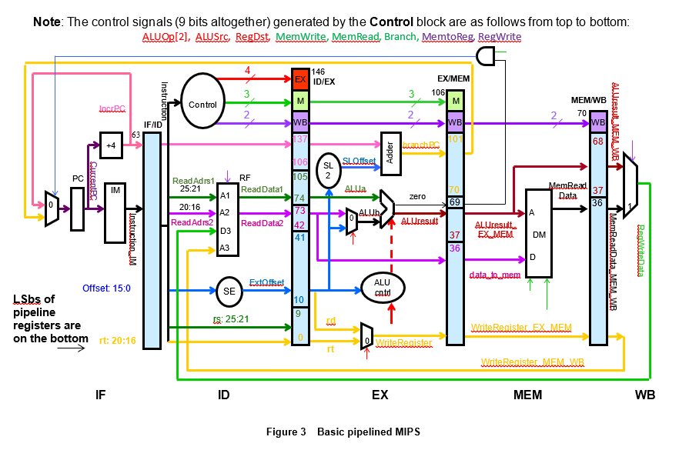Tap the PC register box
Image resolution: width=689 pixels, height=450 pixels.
click(x=78, y=208)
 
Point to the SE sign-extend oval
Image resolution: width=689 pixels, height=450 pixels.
click(x=229, y=292)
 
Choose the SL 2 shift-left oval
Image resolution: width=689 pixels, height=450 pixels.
click(x=330, y=170)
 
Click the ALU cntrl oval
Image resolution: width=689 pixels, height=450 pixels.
click(x=382, y=286)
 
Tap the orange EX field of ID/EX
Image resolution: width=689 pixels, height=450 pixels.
click(x=301, y=79)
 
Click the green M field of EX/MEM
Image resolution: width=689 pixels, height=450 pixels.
click(x=456, y=100)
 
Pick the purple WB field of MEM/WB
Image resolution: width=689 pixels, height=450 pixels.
click(x=597, y=123)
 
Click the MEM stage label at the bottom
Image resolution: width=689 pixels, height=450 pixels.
click(x=528, y=395)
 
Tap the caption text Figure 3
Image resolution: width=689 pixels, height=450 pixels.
click(x=286, y=432)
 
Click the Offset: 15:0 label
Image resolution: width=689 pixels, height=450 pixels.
click(x=108, y=288)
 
